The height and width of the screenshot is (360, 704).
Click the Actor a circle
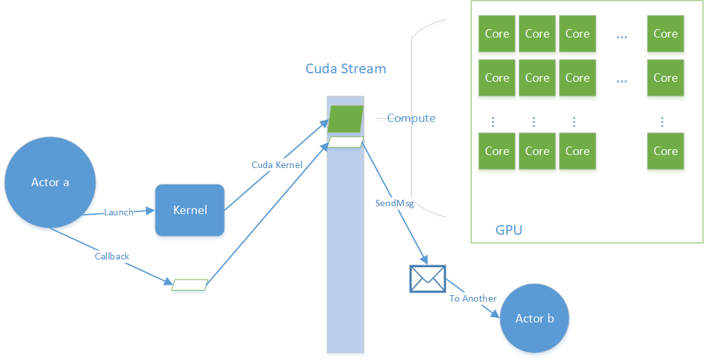(50, 182)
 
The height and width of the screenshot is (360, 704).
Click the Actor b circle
(534, 318)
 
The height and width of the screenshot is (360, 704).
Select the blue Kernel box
(189, 210)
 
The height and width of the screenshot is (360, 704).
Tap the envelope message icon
(427, 278)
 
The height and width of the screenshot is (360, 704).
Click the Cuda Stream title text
(346, 69)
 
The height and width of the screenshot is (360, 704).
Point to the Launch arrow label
(119, 212)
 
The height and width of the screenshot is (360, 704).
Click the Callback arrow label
(112, 256)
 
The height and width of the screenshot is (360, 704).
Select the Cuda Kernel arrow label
(277, 165)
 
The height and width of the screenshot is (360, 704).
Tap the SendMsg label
(394, 203)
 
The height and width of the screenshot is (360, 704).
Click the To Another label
(473, 298)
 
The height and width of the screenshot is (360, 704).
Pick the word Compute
(411, 118)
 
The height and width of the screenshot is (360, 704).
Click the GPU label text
(508, 230)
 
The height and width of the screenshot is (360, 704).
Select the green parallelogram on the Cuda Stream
(346, 119)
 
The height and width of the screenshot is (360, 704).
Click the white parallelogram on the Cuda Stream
(346, 142)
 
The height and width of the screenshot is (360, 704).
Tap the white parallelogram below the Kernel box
(189, 285)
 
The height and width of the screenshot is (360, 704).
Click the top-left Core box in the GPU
(497, 34)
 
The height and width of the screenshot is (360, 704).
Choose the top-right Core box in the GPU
(665, 34)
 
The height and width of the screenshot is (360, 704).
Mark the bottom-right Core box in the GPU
(665, 151)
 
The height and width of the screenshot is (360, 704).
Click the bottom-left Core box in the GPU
(497, 151)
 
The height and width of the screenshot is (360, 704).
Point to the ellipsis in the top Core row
(622, 37)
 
